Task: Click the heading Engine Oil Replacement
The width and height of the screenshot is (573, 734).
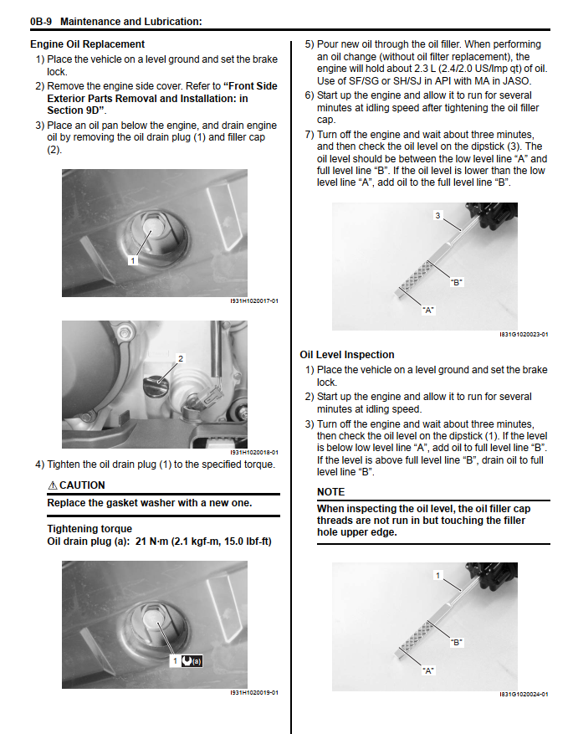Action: click(x=87, y=44)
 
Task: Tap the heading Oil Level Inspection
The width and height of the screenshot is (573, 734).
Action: click(x=346, y=355)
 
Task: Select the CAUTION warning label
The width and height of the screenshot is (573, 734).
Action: click(x=82, y=485)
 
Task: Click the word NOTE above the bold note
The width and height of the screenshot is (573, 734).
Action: click(x=330, y=492)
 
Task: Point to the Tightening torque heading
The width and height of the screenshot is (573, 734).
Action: click(x=89, y=529)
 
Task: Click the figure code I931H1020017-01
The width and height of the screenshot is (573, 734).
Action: click(x=254, y=300)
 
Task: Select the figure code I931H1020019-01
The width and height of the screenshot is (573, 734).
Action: click(x=254, y=692)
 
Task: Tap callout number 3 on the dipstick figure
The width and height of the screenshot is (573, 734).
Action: click(x=437, y=216)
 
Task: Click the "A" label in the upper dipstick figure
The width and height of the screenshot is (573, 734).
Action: click(x=429, y=310)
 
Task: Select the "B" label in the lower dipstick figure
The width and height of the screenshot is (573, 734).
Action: click(x=456, y=643)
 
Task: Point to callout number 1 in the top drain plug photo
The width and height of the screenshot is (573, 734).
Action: click(x=131, y=260)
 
